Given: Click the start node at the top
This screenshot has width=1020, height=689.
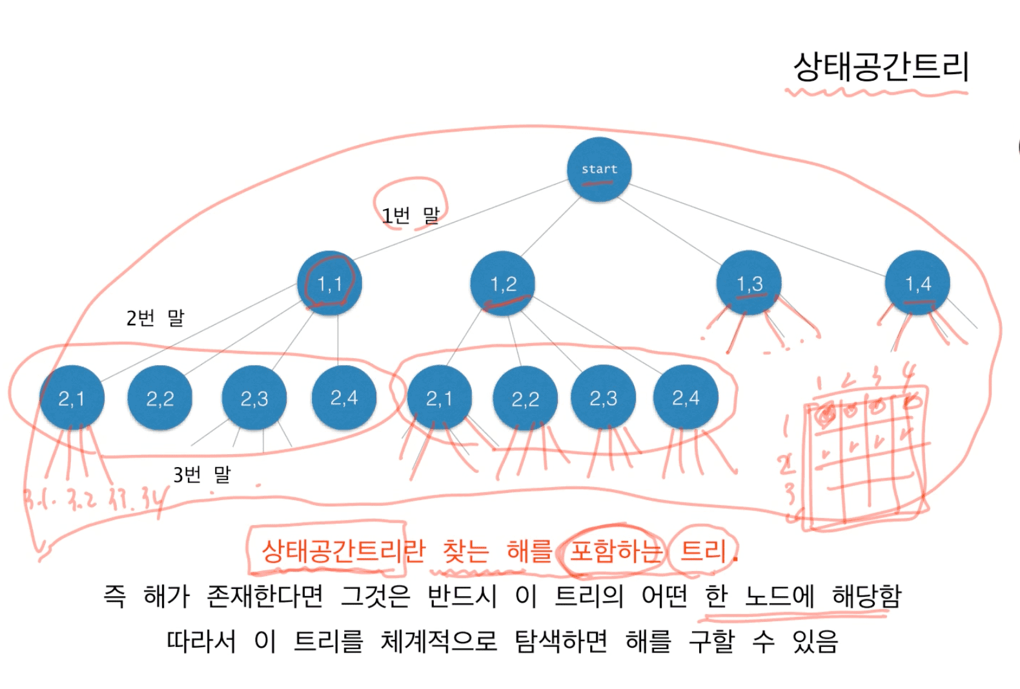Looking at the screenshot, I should [599, 169].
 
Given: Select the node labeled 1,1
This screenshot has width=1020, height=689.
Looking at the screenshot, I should [329, 283].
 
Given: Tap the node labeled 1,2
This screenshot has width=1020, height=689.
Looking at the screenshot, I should [503, 283].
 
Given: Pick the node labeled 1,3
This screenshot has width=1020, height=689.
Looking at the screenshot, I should [749, 283].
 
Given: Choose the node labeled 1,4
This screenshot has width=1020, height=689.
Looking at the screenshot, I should [917, 283].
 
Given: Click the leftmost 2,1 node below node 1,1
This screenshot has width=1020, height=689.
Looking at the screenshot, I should [71, 398].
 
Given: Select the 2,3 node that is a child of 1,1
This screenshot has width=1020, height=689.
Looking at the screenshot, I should [254, 398].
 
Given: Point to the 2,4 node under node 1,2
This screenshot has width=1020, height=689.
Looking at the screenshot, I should [686, 397].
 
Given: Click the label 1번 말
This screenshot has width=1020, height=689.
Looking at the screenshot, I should [410, 215].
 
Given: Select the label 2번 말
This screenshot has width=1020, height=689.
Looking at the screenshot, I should [155, 317].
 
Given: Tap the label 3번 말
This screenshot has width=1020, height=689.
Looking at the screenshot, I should [201, 475].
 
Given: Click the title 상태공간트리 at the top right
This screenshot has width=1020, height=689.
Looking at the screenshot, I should [881, 66].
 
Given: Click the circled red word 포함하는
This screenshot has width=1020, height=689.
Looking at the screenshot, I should [615, 551].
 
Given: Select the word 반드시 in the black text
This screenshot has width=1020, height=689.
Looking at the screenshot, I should [462, 596].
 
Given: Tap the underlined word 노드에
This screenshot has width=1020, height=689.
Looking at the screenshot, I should [779, 596].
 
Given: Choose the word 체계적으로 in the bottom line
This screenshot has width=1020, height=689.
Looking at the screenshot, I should [439, 641].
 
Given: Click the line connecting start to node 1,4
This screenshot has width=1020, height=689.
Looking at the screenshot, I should [755, 230].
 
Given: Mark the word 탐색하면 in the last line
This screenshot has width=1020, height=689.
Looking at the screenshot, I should [560, 641].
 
